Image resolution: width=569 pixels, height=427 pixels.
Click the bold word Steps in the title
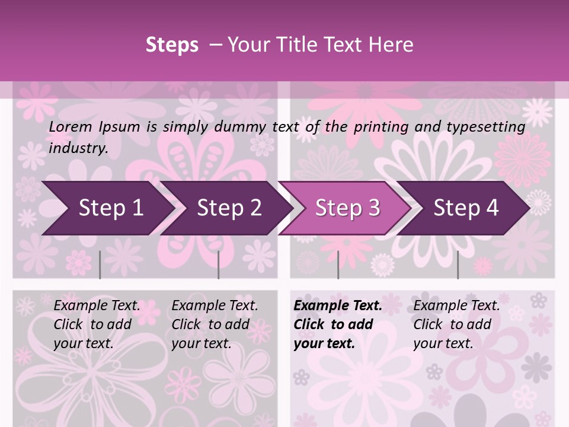172,45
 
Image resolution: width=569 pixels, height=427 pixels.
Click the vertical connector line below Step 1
100,265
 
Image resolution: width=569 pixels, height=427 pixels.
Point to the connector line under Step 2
218,265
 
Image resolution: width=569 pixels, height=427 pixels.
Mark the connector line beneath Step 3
338,265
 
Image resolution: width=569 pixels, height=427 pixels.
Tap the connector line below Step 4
458,265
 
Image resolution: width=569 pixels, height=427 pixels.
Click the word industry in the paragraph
78,148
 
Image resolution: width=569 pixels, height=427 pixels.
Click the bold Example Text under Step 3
338,306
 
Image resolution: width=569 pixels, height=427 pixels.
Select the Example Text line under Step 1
97,306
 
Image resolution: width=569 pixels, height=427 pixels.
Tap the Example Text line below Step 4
456,306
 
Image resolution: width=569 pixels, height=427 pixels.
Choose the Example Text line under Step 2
215,306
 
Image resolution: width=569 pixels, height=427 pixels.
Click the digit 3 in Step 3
373,208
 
